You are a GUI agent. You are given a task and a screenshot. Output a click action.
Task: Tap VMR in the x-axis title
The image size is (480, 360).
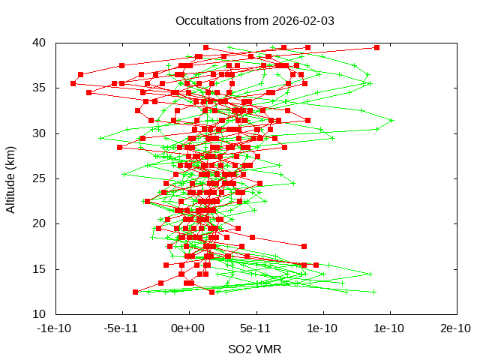click(x=269, y=349)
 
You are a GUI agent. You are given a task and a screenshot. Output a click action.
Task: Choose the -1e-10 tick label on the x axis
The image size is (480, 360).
click(x=55, y=328)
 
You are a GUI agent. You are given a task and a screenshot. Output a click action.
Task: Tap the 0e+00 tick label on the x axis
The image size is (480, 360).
click(x=189, y=328)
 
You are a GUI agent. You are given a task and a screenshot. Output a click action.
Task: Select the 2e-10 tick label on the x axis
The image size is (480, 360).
click(x=456, y=328)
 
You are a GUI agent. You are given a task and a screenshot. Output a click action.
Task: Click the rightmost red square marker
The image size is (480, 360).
click(x=376, y=47)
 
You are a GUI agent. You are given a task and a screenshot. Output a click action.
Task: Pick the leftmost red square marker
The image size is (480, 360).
click(x=73, y=83)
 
